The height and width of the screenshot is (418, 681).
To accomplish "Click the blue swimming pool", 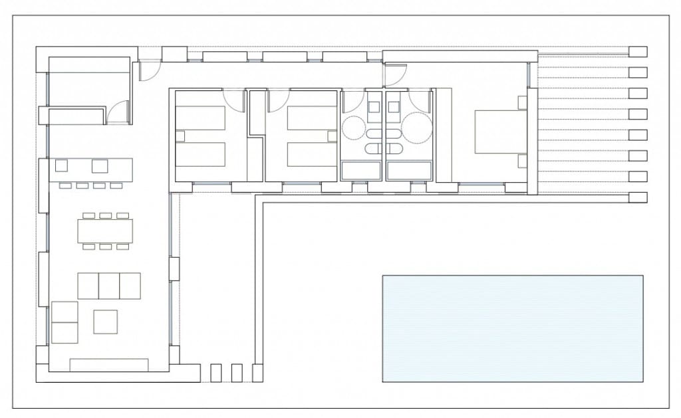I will (512, 328).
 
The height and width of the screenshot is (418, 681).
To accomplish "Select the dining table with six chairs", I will (104, 231).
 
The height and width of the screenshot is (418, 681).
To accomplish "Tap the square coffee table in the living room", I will (105, 322).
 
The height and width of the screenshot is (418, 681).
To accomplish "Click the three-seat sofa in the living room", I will (109, 285).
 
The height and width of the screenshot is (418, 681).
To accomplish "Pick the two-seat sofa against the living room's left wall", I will (65, 322).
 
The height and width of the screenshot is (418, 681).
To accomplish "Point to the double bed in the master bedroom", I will (500, 132).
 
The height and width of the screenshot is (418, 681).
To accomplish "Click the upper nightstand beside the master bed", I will (522, 102).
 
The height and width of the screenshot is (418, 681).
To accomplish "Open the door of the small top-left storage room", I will (119, 111).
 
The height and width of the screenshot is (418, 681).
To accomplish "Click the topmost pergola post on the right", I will (638, 51).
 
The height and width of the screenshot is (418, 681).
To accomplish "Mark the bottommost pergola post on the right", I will (638, 197).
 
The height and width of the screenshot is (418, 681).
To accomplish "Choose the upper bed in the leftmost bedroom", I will (200, 118).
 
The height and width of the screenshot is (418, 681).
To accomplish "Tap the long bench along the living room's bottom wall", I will (109, 365).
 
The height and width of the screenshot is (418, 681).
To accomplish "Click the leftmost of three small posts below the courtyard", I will (215, 373).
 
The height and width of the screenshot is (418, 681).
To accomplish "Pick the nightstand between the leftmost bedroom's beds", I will (179, 136).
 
